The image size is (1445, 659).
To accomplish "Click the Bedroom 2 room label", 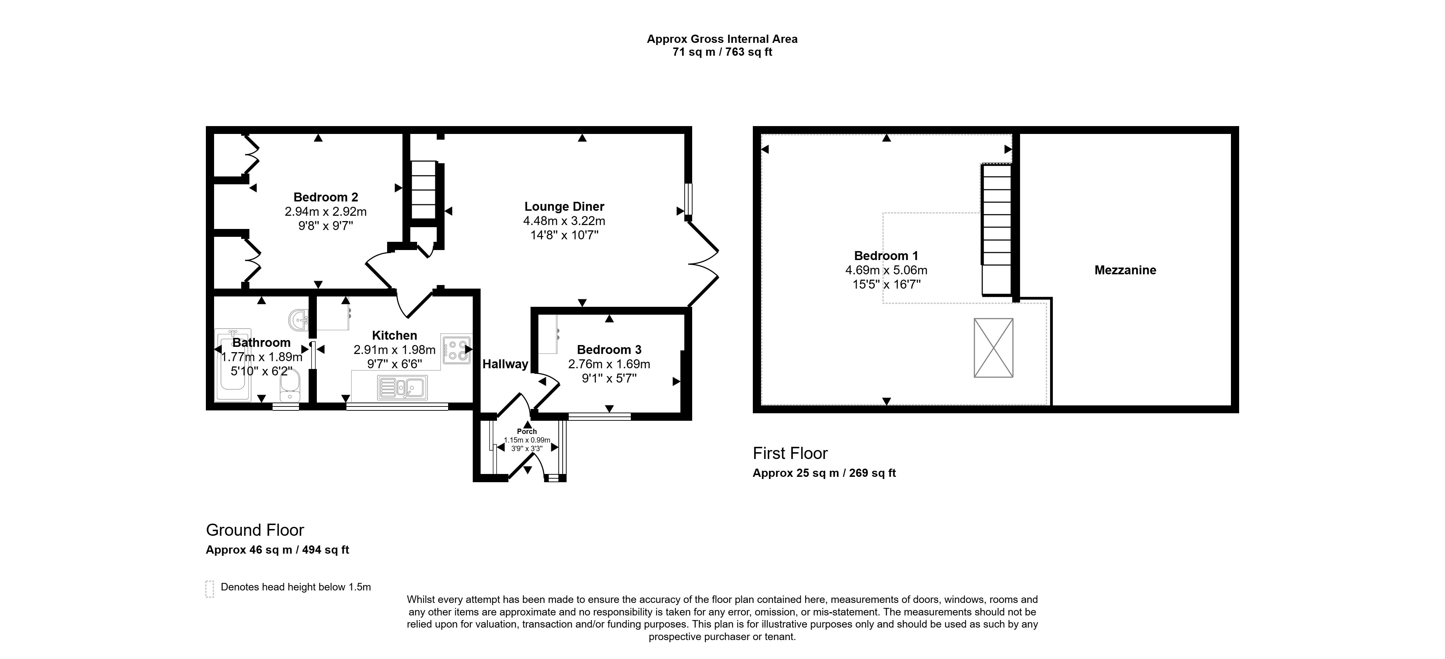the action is click(325, 197).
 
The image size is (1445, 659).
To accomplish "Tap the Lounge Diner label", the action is click(564, 206).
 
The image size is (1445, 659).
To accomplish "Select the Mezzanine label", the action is click(1125, 270).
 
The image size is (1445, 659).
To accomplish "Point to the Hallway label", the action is click(506, 364).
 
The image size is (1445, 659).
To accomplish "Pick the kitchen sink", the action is click(402, 387).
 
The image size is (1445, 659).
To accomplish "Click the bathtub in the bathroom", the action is click(233, 365).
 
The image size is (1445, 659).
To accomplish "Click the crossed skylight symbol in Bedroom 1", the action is click(993, 348).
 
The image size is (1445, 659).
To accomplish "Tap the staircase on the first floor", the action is click(996, 230).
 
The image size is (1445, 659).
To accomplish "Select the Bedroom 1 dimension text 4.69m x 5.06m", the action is click(886, 270).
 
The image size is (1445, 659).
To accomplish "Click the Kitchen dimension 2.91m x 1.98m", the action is click(394, 350).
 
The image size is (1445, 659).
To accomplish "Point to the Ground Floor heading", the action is click(255, 530).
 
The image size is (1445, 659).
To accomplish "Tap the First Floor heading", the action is click(790, 453).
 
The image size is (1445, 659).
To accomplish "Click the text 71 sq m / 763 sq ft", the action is click(722, 52).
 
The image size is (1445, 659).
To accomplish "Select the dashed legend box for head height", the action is click(210, 589).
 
